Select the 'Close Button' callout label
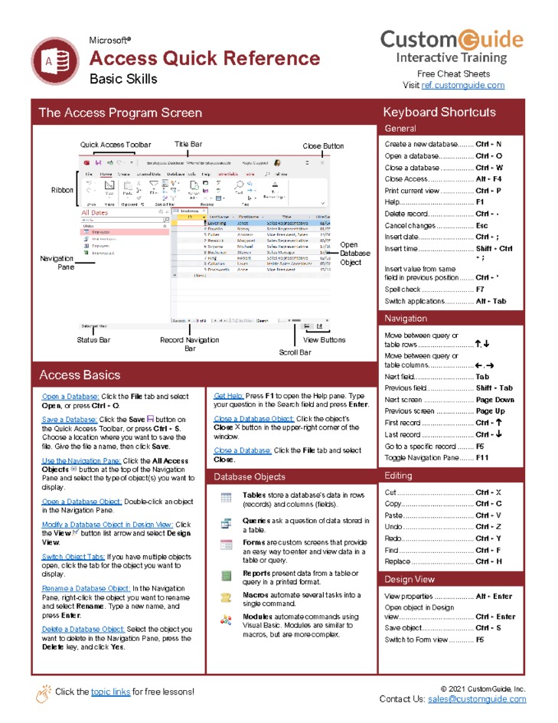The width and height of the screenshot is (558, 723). pos(323,146)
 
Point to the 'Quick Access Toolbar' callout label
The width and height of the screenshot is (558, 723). pos(116,145)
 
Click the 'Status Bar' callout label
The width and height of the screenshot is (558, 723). pos(93,340)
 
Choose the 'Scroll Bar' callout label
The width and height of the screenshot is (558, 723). pos(295,352)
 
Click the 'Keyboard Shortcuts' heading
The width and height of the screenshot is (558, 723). pos(439,113)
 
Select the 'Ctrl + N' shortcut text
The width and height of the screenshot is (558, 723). pos(488,144)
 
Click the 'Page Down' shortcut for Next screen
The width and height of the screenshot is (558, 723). pos(494,400)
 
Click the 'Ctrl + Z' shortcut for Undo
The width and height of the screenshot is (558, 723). pos(488,527)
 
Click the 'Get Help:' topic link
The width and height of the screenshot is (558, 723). pos(228,396)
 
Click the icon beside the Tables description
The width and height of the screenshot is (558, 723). pos(226,499)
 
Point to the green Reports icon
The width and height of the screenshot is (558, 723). pos(226,575)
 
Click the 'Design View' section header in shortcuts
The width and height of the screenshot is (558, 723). pos(410,579)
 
